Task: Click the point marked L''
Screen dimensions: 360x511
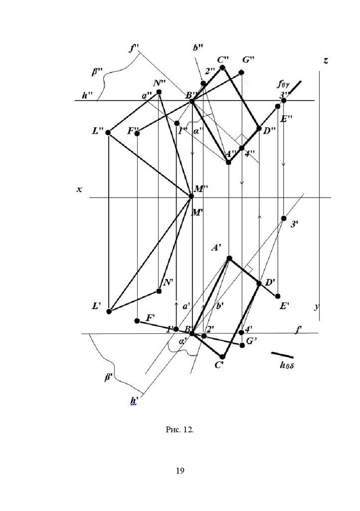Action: click(x=109, y=133)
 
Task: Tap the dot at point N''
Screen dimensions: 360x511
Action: click(x=159, y=92)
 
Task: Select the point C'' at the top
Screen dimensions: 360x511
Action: click(x=222, y=67)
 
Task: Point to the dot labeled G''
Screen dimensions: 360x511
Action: click(x=241, y=73)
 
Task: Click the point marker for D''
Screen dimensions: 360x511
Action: click(x=259, y=129)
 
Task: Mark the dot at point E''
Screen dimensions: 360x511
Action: click(x=278, y=106)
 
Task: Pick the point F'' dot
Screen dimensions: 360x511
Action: click(x=137, y=133)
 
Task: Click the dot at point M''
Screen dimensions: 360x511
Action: click(x=192, y=196)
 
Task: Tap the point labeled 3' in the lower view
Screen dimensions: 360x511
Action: click(x=284, y=218)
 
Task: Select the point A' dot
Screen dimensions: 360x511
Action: click(x=229, y=258)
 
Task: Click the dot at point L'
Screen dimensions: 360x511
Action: click(x=109, y=311)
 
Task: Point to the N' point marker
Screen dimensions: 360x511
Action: click(x=159, y=291)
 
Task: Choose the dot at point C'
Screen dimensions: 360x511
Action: click(x=223, y=356)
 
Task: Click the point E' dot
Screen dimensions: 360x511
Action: click(x=278, y=296)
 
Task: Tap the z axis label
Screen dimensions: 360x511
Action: click(x=326, y=61)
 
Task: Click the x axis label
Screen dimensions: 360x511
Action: click(x=79, y=190)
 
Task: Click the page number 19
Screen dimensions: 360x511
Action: click(x=180, y=470)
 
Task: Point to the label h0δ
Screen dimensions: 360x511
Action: click(x=288, y=365)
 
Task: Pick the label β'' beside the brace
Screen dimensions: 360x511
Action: click(x=97, y=72)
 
